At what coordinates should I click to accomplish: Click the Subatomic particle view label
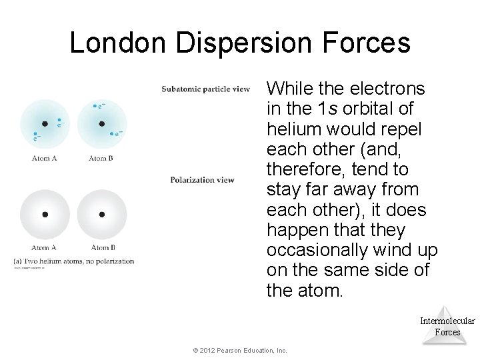(x=205, y=89)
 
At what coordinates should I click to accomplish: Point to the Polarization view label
(x=201, y=179)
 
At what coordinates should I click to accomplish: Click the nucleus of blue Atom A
(x=45, y=124)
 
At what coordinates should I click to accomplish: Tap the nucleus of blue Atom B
(x=101, y=124)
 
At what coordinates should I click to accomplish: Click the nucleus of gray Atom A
(x=45, y=215)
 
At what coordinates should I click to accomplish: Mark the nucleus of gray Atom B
(x=101, y=215)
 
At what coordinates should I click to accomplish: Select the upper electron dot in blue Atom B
(x=95, y=105)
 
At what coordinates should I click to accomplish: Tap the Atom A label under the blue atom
(x=45, y=158)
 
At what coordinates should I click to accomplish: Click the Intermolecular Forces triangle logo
(x=447, y=325)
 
